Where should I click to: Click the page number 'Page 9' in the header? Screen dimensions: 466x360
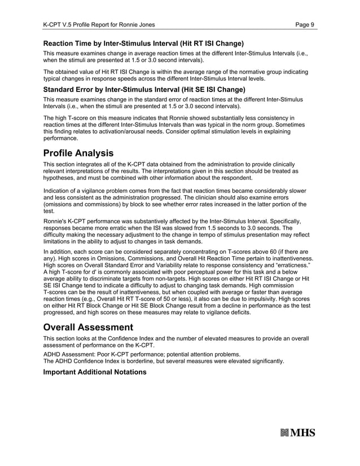[x=305, y=24]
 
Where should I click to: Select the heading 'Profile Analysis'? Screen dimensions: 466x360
[x=78, y=153]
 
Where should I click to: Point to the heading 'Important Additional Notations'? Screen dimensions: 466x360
[x=95, y=372]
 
